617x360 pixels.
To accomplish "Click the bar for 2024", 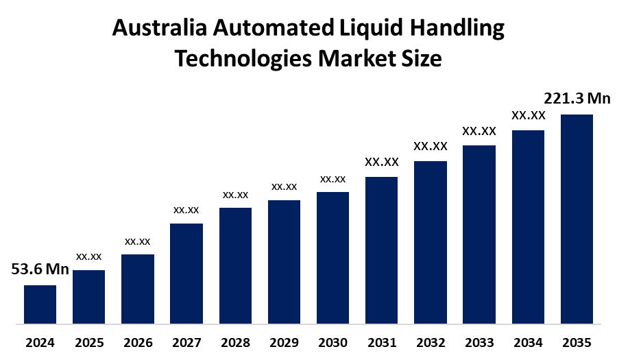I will click(x=40, y=304).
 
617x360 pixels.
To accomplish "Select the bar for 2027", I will click(x=186, y=273).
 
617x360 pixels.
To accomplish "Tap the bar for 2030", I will click(x=332, y=257).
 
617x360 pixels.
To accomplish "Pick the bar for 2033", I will click(x=479, y=234).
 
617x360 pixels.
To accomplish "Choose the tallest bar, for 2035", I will click(x=577, y=218).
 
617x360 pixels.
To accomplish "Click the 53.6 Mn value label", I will click(x=40, y=269).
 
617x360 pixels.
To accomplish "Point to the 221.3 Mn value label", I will click(x=577, y=99).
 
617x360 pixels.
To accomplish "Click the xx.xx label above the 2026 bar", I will click(x=137, y=241).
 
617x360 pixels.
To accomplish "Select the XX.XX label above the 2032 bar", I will click(x=431, y=146).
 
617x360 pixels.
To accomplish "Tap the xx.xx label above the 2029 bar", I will click(x=284, y=187).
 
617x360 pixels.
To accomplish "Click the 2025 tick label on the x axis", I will click(x=88, y=342).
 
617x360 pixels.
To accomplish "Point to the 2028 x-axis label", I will click(x=235, y=342).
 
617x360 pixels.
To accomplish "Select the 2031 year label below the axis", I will click(x=382, y=342).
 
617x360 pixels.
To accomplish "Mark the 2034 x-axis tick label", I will click(x=528, y=342).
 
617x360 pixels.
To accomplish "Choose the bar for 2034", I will click(x=528, y=226).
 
